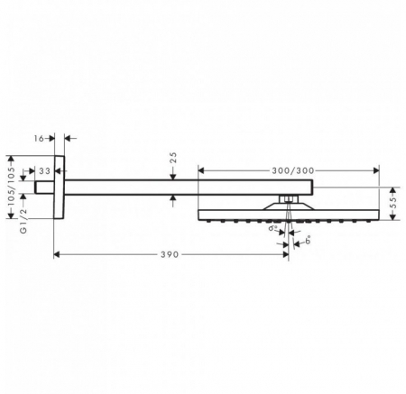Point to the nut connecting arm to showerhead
click(x=287, y=198)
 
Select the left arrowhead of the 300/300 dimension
click(x=202, y=169)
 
